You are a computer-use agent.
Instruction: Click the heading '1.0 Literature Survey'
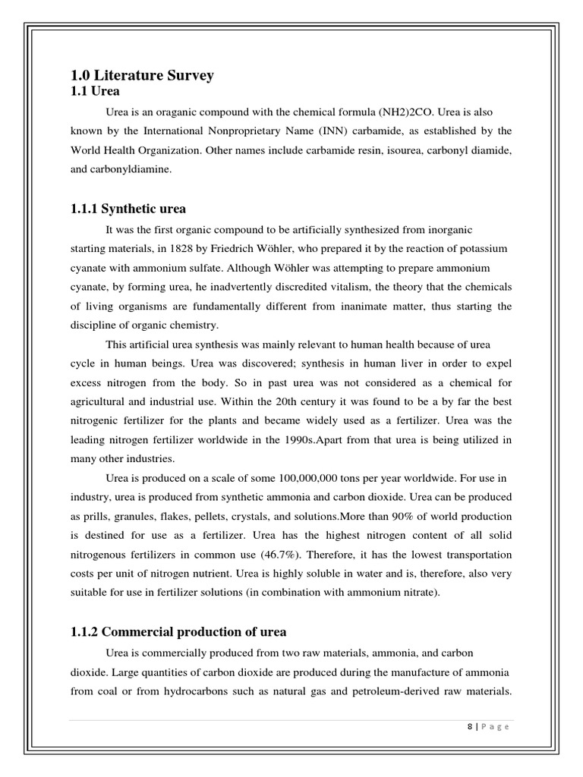tap(142, 75)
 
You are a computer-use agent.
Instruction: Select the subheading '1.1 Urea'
tap(95, 90)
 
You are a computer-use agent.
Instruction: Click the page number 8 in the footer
tap(471, 726)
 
